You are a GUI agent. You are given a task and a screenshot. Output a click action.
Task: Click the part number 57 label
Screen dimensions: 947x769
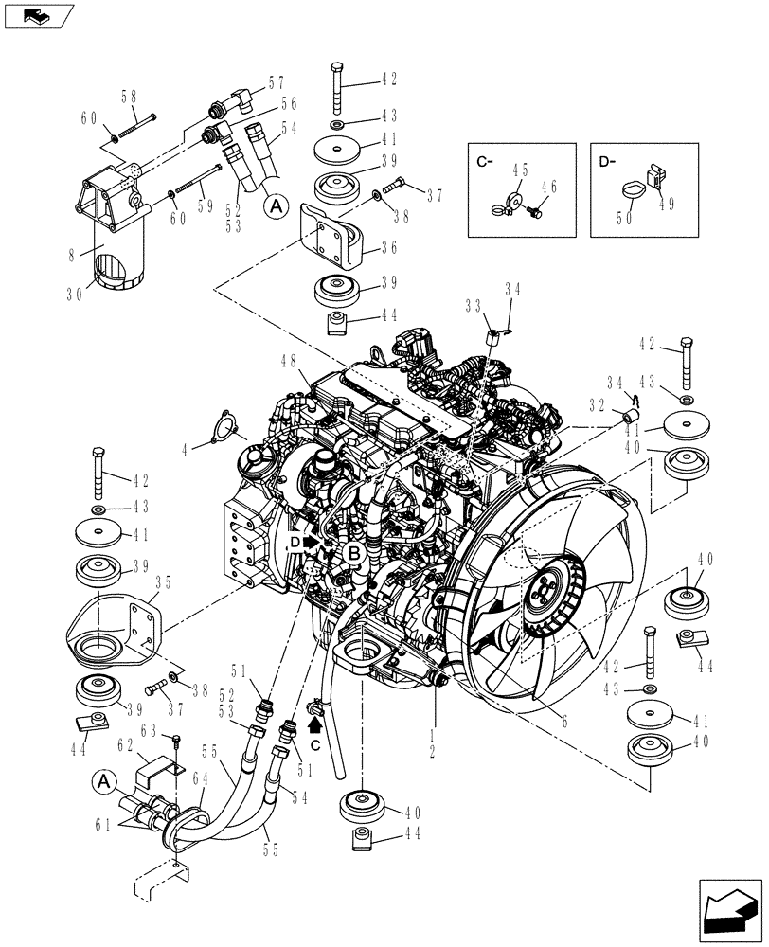[250, 83]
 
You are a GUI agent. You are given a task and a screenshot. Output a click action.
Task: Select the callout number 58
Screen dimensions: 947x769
[129, 97]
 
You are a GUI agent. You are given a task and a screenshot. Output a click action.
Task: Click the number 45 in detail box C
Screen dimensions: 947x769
[519, 171]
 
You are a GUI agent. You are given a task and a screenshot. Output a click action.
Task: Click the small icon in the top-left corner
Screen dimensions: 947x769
[38, 14]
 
